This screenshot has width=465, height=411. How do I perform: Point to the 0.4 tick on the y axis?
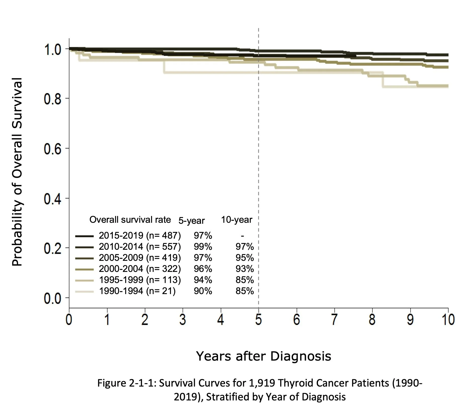(x=52, y=199)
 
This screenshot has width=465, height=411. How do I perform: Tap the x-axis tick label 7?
(x=334, y=320)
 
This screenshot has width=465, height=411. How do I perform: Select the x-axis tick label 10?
(x=448, y=320)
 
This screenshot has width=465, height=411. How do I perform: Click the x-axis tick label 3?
(x=183, y=320)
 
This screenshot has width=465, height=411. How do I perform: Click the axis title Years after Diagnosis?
(x=263, y=356)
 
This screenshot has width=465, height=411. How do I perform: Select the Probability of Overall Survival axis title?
(x=17, y=172)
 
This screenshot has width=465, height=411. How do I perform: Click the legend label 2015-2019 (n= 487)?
(x=140, y=235)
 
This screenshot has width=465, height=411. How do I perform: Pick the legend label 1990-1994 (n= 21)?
(x=137, y=291)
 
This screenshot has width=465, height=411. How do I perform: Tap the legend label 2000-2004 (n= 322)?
(x=140, y=269)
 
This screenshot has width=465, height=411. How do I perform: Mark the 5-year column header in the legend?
(x=191, y=221)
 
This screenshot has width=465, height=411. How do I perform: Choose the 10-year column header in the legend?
(x=236, y=220)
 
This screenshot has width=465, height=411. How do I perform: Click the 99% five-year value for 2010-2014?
(x=203, y=247)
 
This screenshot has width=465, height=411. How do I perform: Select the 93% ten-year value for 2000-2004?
(x=244, y=269)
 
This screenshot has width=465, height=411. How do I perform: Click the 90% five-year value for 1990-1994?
(x=203, y=291)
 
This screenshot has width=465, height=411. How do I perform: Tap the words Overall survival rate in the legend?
(x=130, y=220)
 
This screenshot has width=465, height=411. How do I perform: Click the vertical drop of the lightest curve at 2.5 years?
(x=164, y=67)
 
